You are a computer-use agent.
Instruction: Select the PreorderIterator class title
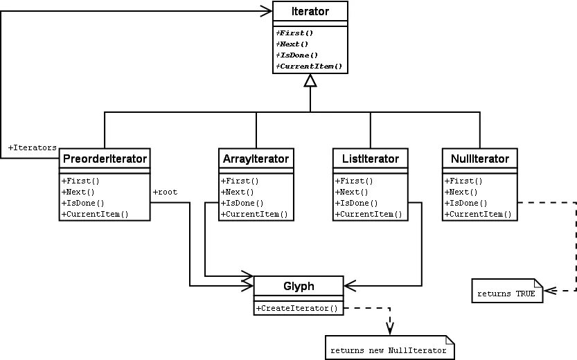point(104,159)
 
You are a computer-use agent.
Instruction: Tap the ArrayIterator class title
point(256,159)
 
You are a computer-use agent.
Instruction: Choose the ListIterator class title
point(370,159)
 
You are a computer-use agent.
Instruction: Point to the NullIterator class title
point(479,159)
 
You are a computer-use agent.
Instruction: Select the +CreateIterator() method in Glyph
point(297,308)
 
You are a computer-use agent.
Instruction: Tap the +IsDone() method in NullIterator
point(465,204)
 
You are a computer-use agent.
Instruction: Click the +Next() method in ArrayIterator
point(236,192)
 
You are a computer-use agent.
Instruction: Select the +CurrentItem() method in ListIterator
point(369,215)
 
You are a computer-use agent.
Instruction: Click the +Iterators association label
point(33,148)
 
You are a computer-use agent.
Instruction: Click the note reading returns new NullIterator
point(391,350)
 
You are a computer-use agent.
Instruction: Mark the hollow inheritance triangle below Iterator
point(310,82)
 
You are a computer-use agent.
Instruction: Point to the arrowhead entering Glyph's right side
point(348,285)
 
